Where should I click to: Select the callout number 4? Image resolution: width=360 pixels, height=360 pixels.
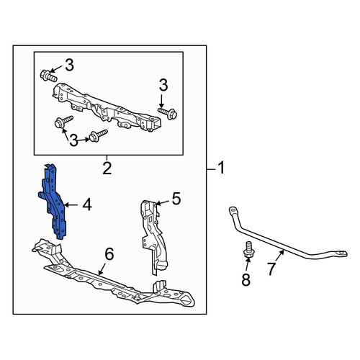pyautogui.click(x=87, y=205)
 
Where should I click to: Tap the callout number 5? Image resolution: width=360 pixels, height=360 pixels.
pyautogui.click(x=176, y=199)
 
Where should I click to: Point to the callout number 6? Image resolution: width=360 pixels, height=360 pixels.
pyautogui.click(x=109, y=254)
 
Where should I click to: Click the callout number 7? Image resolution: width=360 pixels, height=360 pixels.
pyautogui.click(x=271, y=269)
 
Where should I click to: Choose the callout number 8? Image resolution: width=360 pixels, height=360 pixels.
pyautogui.click(x=246, y=279)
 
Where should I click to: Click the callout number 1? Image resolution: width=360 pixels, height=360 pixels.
pyautogui.click(x=221, y=168)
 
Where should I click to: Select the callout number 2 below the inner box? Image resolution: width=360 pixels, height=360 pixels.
pyautogui.click(x=107, y=168)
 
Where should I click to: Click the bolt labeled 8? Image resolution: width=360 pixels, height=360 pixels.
pyautogui.click(x=248, y=250)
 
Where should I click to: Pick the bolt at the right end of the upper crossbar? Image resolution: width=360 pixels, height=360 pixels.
pyautogui.click(x=168, y=113)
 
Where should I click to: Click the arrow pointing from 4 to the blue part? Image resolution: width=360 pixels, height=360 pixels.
pyautogui.click(x=71, y=205)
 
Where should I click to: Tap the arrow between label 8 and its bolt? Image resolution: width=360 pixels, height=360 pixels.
pyautogui.click(x=247, y=265)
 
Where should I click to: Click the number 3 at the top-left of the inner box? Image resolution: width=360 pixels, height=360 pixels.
pyautogui.click(x=69, y=66)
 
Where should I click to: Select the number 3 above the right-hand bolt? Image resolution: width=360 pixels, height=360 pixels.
pyautogui.click(x=163, y=86)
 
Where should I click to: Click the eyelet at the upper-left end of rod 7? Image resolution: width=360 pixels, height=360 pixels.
pyautogui.click(x=233, y=210)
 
